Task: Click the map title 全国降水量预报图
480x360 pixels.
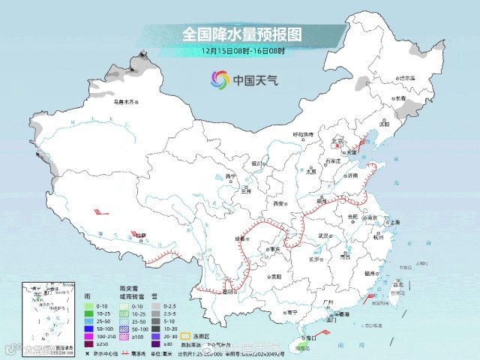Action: pyautogui.click(x=241, y=34)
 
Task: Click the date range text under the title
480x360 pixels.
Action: pyautogui.click(x=241, y=50)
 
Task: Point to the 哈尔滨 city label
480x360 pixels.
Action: pyautogui.click(x=406, y=78)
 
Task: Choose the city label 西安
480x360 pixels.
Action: pyautogui.click(x=279, y=203)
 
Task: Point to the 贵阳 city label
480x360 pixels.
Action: pyautogui.click(x=277, y=277)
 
